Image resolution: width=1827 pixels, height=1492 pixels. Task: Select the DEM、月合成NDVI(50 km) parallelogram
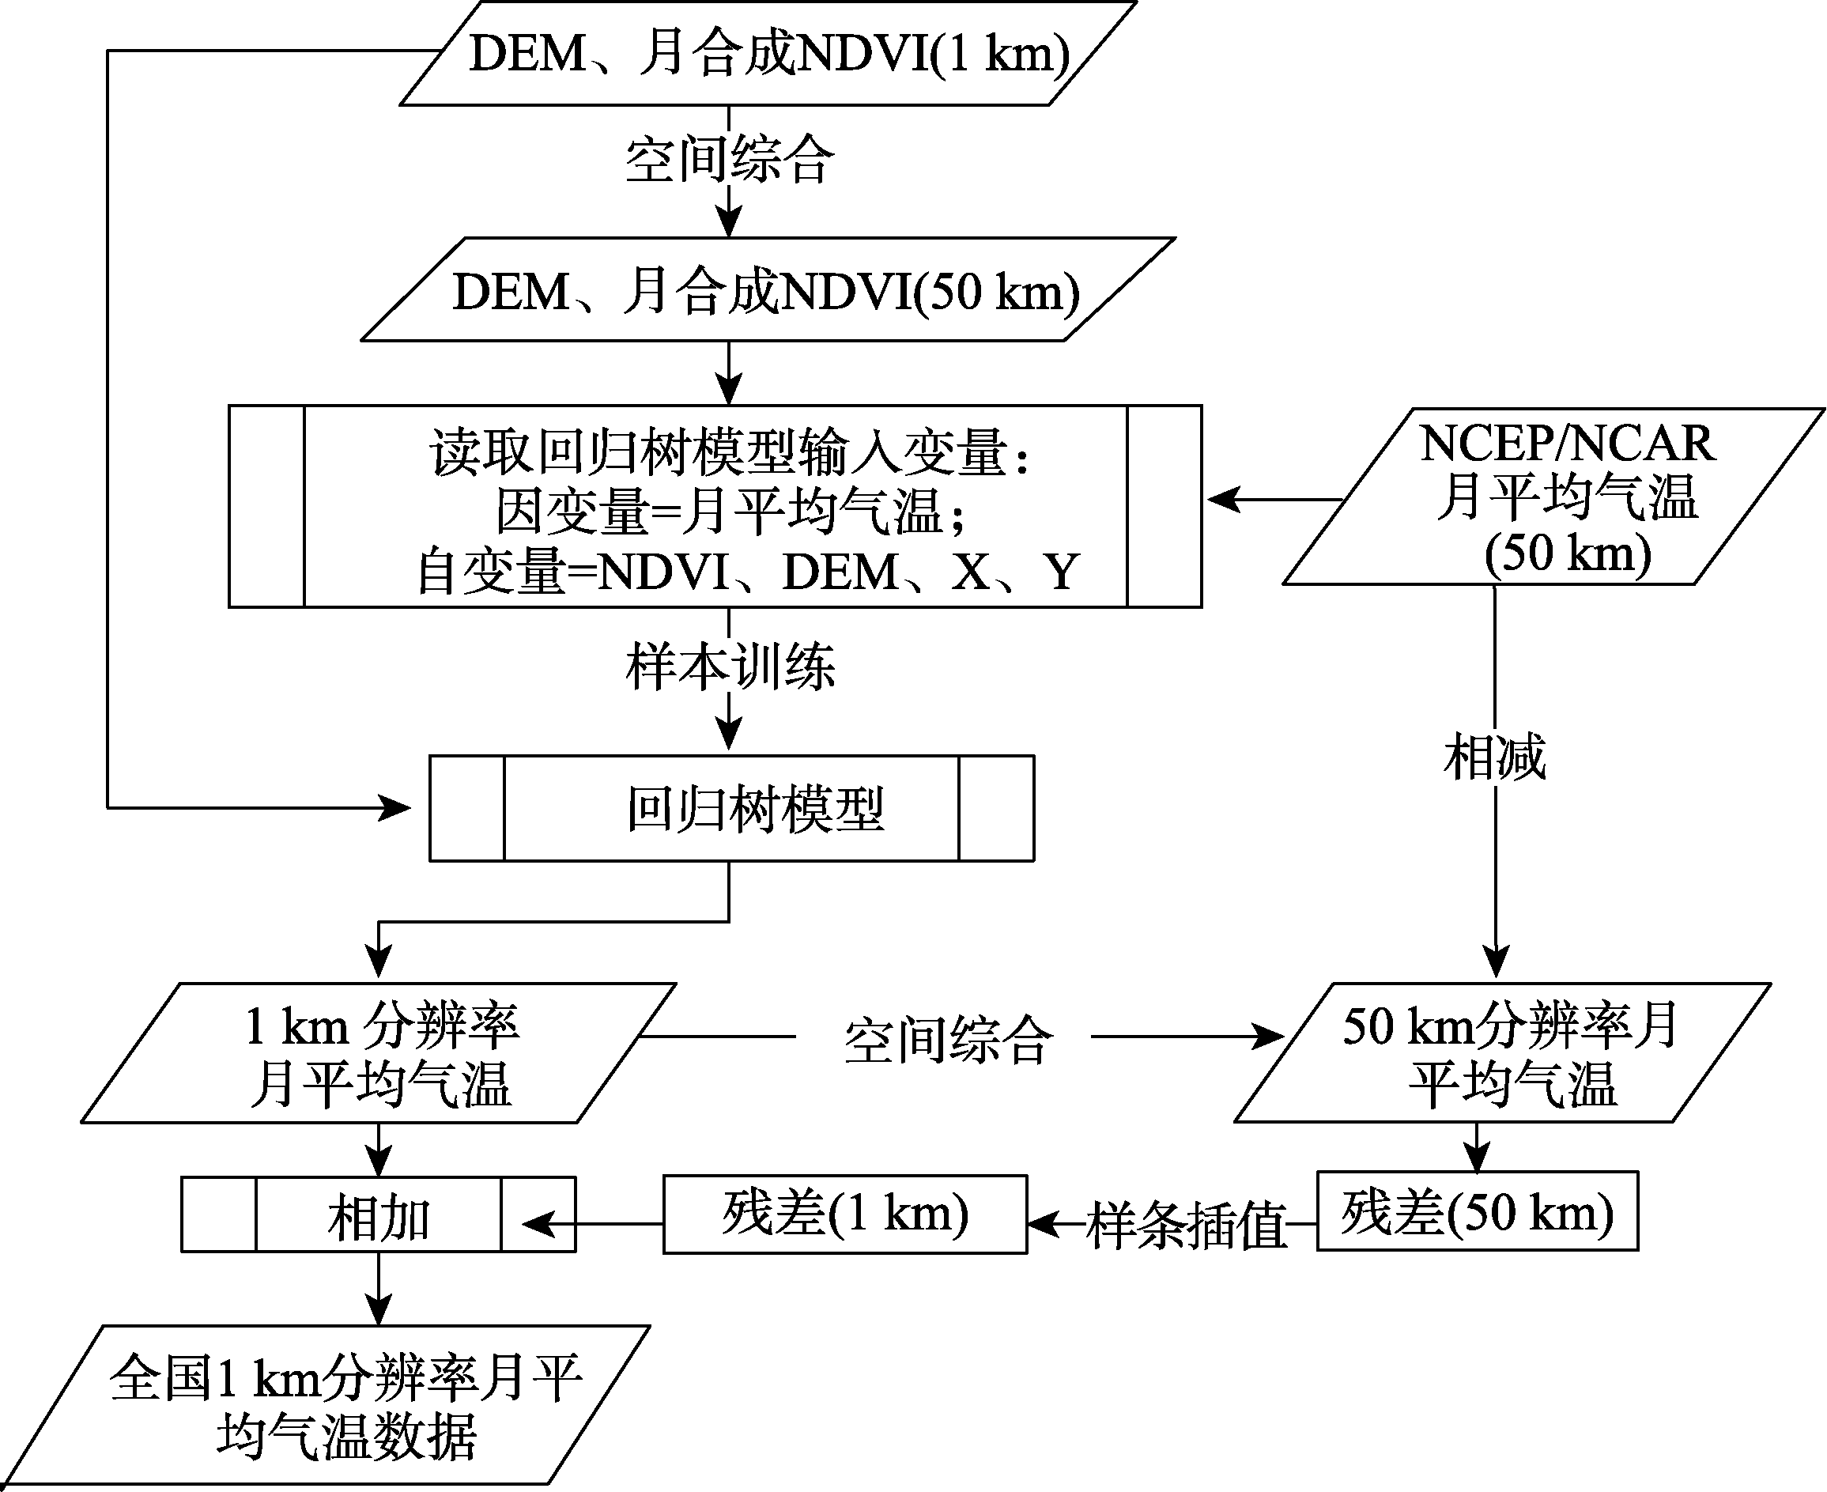pos(768,289)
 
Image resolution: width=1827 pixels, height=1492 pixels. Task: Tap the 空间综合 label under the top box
pos(730,160)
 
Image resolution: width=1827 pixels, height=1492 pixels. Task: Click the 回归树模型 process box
pos(731,808)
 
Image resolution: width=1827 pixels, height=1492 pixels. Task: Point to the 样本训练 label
pos(730,667)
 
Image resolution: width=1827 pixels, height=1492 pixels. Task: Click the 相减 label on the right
pos(1495,757)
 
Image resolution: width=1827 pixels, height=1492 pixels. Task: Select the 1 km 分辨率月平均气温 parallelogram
pos(379,1053)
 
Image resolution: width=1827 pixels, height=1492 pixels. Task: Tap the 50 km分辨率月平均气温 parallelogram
pos(1503,1053)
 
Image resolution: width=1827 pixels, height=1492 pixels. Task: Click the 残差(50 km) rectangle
pos(1478,1211)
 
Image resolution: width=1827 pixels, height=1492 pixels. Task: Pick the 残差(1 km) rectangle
pos(845,1214)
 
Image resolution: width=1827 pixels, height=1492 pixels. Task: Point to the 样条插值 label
pos(1187,1224)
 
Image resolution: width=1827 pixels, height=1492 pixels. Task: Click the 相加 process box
pos(378,1214)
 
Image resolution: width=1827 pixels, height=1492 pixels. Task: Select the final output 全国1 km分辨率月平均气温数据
pos(326,1404)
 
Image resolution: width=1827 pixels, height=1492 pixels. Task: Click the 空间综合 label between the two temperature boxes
pos(948,1040)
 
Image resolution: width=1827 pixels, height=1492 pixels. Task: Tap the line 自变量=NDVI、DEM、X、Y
pos(748,572)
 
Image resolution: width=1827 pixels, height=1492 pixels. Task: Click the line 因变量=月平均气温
pos(730,512)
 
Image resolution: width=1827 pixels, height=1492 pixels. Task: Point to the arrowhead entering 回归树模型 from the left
pos(396,808)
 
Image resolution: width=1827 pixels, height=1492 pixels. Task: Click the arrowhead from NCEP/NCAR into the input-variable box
pos(1224,498)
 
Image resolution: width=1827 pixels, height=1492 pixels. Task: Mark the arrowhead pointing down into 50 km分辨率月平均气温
pos(1496,961)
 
